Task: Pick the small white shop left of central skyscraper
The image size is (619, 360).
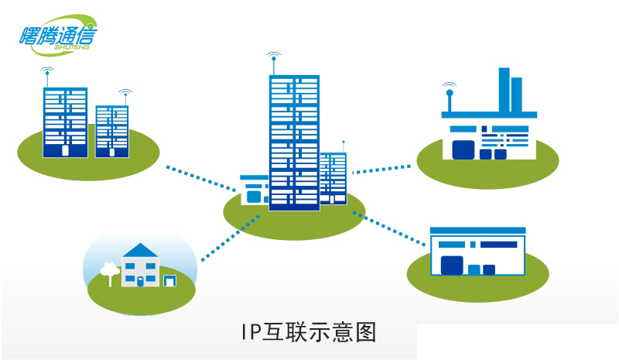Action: pyautogui.click(x=253, y=189)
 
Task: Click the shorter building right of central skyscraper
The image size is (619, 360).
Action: pyautogui.click(x=333, y=178)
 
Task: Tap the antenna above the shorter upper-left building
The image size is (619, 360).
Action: pyautogui.click(x=125, y=97)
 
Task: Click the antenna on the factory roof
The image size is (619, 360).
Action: pyautogui.click(x=448, y=98)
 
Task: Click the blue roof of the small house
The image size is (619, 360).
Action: pyautogui.click(x=140, y=251)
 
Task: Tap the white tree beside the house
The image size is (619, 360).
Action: pyautogui.click(x=108, y=270)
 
